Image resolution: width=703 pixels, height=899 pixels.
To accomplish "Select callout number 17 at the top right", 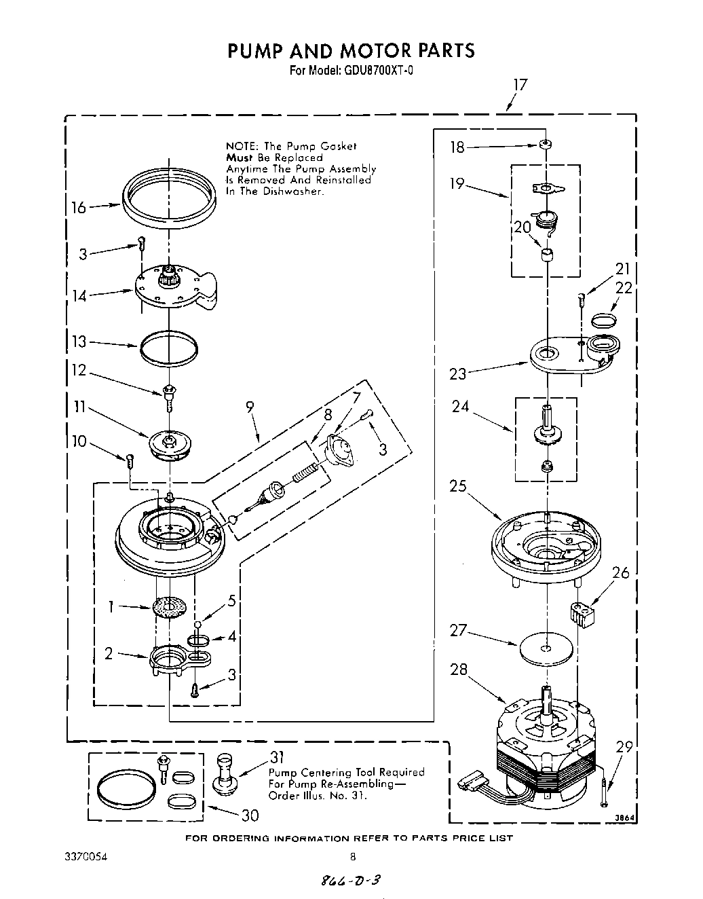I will (519, 85).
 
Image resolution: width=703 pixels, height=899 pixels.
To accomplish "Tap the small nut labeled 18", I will (545, 145).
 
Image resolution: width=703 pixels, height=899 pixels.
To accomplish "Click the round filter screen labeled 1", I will (170, 606).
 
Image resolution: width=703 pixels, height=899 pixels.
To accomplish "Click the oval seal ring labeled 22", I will (604, 318).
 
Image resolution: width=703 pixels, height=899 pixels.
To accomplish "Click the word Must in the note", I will (239, 158).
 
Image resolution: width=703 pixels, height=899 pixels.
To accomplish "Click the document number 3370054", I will (85, 857).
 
